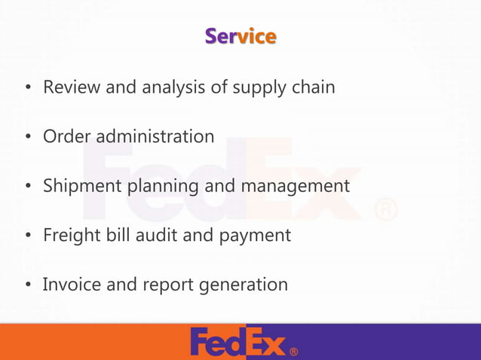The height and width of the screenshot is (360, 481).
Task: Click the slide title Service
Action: [240, 36]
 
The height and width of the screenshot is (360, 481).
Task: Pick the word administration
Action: [155, 136]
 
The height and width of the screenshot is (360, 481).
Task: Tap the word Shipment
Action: [79, 186]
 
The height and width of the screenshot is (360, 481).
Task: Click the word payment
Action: [255, 236]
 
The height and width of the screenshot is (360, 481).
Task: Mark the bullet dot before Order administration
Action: [27, 138]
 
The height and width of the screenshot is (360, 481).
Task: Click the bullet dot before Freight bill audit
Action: [27, 236]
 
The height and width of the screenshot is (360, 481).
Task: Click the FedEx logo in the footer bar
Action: [238, 342]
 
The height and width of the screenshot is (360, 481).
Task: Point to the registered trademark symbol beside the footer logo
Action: [293, 351]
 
